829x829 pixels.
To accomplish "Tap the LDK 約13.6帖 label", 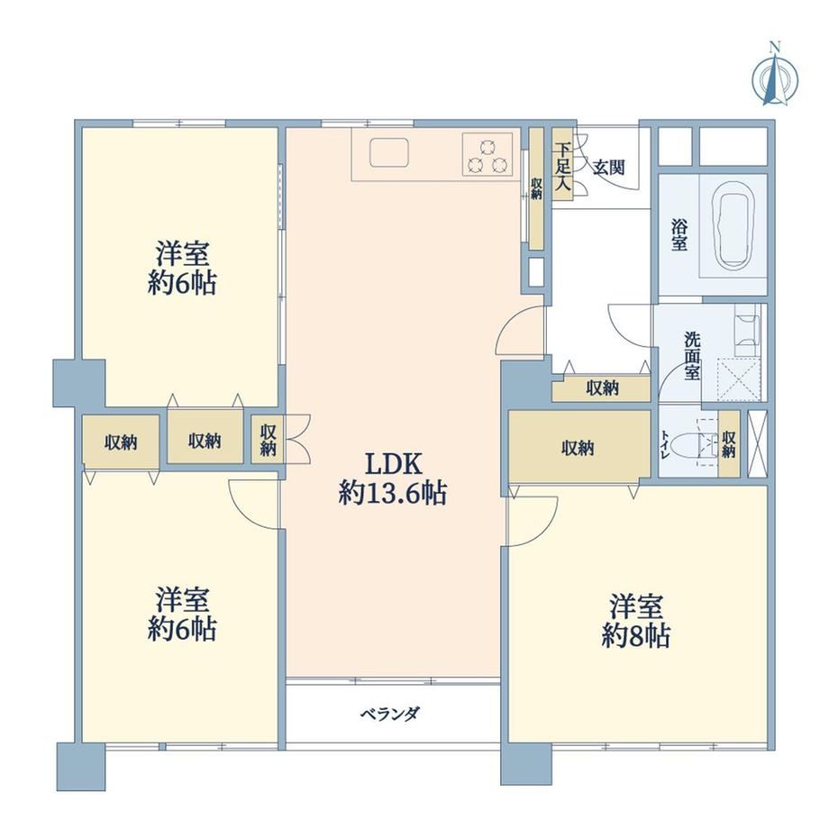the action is [x=394, y=479].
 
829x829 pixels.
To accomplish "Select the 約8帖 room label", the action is [x=636, y=621].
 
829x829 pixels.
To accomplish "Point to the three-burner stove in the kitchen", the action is [x=488, y=154].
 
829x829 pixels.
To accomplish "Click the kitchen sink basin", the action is [x=389, y=153].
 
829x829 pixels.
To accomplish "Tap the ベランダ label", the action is [x=391, y=715].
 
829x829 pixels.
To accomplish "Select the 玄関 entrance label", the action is [x=608, y=168].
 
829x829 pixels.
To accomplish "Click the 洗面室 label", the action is [x=692, y=356].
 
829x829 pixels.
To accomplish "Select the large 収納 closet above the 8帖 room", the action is [x=578, y=446].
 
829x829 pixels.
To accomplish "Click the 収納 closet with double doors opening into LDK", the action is [x=268, y=440].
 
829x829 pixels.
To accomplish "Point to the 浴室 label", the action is [x=679, y=235].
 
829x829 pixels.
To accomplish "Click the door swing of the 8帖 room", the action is [x=533, y=522].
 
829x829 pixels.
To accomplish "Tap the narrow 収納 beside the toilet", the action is [x=729, y=443].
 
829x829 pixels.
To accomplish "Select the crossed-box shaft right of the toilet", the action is [x=758, y=443].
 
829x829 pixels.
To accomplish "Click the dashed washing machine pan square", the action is [x=739, y=378].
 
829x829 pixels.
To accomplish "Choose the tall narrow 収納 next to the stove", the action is [x=537, y=188].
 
